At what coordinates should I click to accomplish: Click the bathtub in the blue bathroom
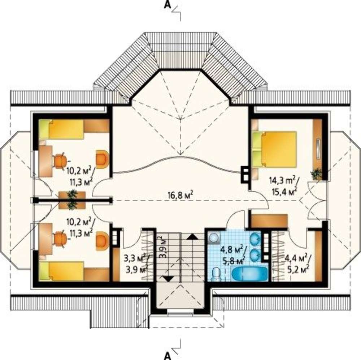tap(249, 274)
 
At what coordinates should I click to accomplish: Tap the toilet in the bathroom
tap(216, 274)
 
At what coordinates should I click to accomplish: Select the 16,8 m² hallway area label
tap(180, 196)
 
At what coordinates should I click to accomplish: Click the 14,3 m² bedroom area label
tap(284, 180)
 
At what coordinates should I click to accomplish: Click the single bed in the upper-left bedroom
tap(61, 129)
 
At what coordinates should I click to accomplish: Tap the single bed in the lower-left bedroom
tap(61, 271)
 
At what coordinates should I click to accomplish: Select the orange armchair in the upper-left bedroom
tap(102, 158)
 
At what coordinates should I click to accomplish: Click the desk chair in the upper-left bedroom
tap(61, 160)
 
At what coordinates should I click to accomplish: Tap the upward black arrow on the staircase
tap(192, 237)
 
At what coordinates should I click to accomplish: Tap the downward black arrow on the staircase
tap(168, 278)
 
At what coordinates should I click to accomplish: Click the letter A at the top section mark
tap(168, 5)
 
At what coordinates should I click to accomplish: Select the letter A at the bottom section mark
tap(168, 356)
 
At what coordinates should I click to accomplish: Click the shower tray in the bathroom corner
tap(214, 237)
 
